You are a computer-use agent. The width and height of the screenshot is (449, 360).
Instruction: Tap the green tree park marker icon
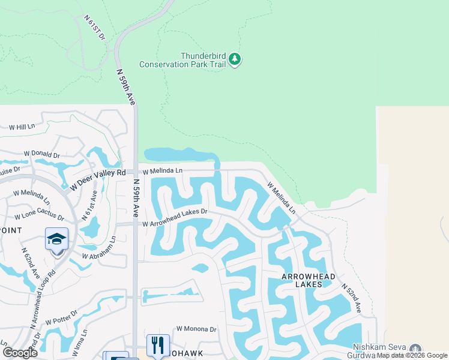click(x=235, y=59)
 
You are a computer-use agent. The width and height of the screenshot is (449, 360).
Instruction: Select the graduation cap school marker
click(x=57, y=239)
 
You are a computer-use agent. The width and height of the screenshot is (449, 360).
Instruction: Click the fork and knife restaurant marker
click(x=158, y=345)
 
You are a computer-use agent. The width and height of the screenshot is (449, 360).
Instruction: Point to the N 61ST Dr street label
click(x=95, y=29)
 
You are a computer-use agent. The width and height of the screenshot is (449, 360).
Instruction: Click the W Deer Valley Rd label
click(x=97, y=178)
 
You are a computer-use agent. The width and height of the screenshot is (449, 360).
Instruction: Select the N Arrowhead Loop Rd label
click(x=42, y=290)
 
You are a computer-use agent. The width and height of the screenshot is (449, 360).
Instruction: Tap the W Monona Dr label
click(x=196, y=329)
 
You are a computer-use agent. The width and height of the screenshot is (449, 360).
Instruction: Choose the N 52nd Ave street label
click(x=352, y=298)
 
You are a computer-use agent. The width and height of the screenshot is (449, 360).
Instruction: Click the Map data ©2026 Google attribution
click(x=412, y=355)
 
